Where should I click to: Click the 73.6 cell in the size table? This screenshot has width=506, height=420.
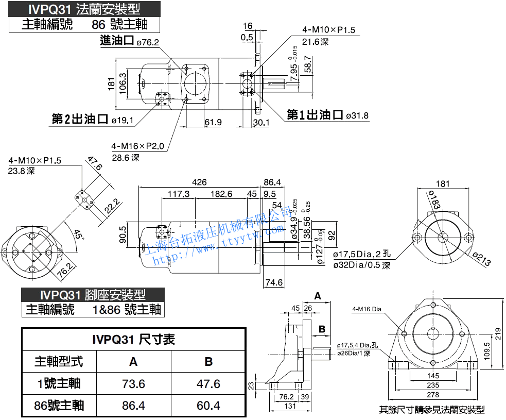point(133,384)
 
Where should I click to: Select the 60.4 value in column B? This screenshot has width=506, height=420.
point(208,406)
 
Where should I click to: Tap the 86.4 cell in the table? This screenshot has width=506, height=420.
point(133,406)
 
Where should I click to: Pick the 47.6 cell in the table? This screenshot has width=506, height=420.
point(208,384)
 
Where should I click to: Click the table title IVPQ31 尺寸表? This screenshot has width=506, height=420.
point(133,339)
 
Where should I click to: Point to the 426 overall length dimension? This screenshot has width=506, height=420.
point(199,182)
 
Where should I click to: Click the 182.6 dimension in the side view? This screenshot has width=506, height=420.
point(221,194)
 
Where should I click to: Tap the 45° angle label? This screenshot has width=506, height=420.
point(78,234)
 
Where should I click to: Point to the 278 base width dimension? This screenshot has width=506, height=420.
point(433,395)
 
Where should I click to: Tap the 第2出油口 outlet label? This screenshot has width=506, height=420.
point(80,120)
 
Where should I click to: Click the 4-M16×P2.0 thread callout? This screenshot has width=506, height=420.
point(138,146)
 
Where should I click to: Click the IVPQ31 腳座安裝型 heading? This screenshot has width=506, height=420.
point(93,295)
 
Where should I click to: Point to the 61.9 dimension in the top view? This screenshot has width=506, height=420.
point(213,122)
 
